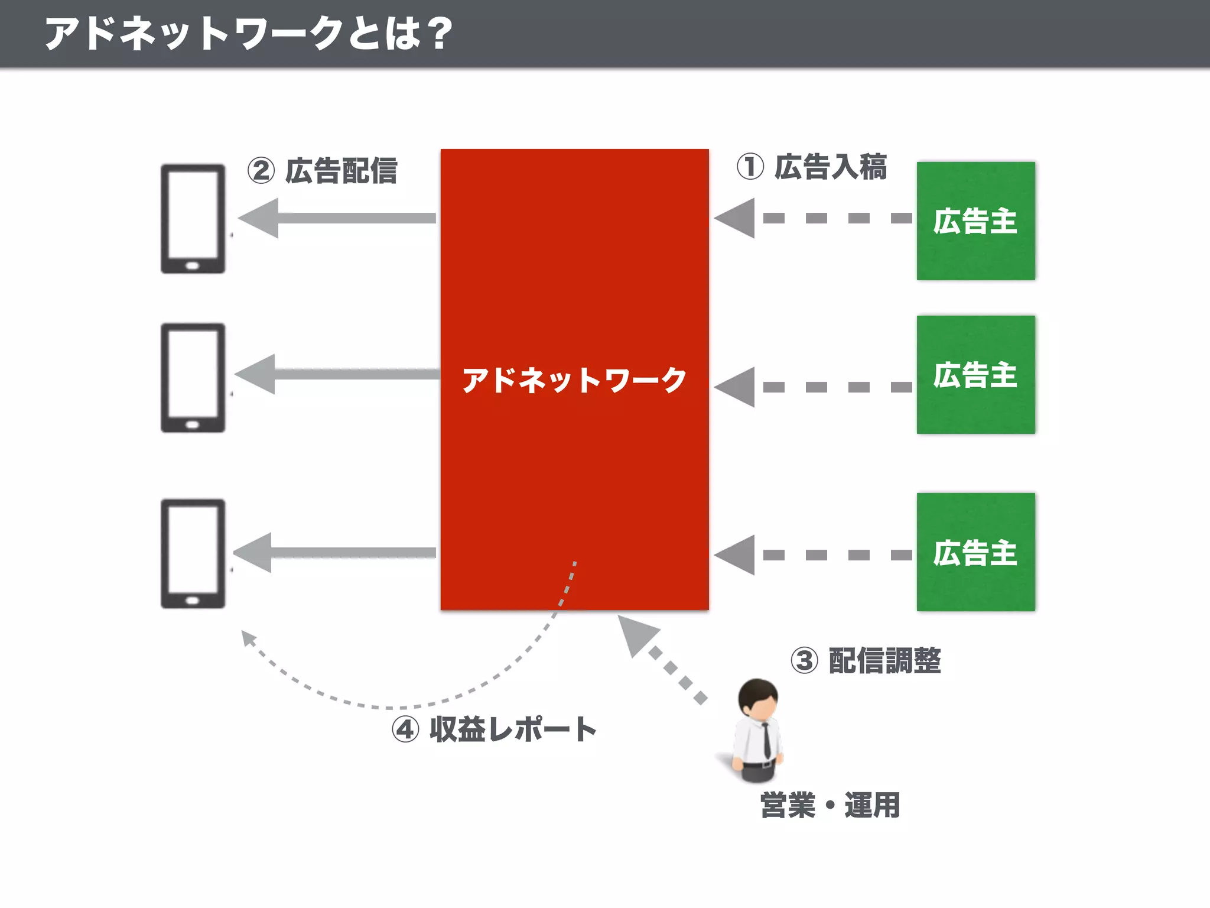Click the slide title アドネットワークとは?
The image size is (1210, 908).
pos(248,33)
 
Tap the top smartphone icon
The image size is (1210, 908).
pos(193,219)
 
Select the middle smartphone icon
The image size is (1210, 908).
pos(193,378)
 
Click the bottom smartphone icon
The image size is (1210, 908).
pos(193,553)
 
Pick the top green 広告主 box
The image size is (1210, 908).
pos(975,221)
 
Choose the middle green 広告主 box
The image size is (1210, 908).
pos(975,375)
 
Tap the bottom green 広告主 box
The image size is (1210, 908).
pos(975,552)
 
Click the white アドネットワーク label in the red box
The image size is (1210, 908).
pos(574,380)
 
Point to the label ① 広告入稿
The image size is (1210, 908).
pos(812,167)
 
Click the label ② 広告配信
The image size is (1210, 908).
pos(323,171)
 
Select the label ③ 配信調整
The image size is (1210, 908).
pos(866,660)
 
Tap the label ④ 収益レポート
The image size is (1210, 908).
pos(494,729)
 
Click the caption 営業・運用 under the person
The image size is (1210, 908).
pos(830,805)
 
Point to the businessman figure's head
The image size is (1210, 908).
pos(758,698)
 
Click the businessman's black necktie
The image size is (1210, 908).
pos(766,739)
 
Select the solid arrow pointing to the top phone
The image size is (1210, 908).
pos(337,218)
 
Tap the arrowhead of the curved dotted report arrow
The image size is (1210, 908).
pos(248,638)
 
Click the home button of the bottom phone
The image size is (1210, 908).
pos(193,601)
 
